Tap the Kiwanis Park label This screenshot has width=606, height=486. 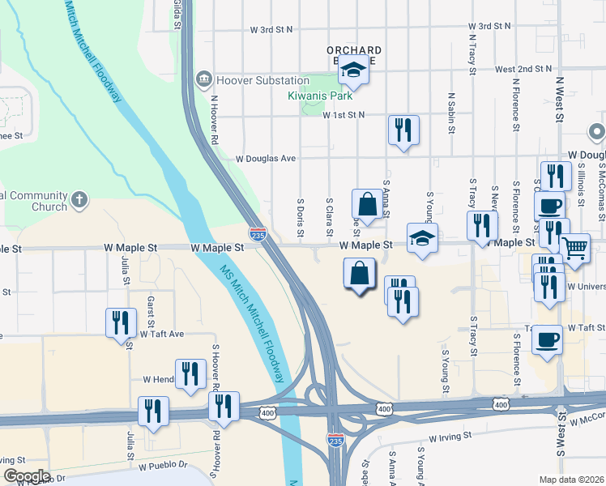316,96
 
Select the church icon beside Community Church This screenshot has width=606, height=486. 79,199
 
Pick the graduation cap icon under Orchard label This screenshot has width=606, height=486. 354,73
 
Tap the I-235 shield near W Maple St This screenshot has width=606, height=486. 258,234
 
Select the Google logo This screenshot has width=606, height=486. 26,475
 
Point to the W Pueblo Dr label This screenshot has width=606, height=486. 163,466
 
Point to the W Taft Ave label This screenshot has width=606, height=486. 162,333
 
